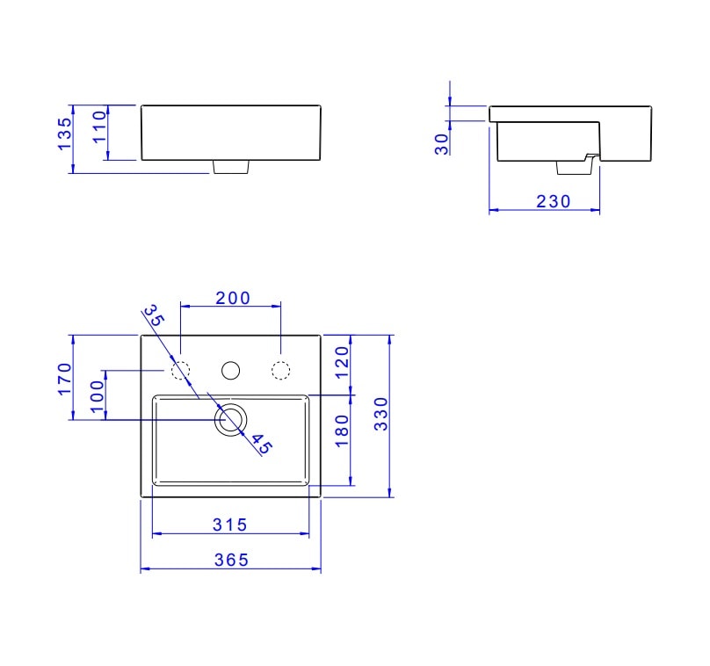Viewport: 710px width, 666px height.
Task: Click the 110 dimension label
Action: tap(98, 129)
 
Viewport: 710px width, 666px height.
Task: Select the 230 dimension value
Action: tap(554, 201)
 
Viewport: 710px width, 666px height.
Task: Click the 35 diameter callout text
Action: tap(154, 316)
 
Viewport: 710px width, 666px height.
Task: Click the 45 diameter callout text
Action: tap(262, 445)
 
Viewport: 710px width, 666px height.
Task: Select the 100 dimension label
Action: tap(98, 399)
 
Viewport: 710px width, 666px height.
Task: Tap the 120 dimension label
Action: tap(343, 361)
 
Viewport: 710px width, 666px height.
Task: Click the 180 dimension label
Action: tap(343, 430)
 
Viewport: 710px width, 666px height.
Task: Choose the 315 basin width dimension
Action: tap(230, 525)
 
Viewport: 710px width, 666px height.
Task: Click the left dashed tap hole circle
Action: tap(180, 371)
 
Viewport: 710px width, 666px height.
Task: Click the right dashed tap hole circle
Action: tap(281, 371)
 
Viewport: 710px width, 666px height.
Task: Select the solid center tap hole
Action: tap(231, 371)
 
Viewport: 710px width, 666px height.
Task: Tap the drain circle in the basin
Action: tap(231, 421)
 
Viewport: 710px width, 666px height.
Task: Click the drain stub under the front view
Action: tap(231, 166)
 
